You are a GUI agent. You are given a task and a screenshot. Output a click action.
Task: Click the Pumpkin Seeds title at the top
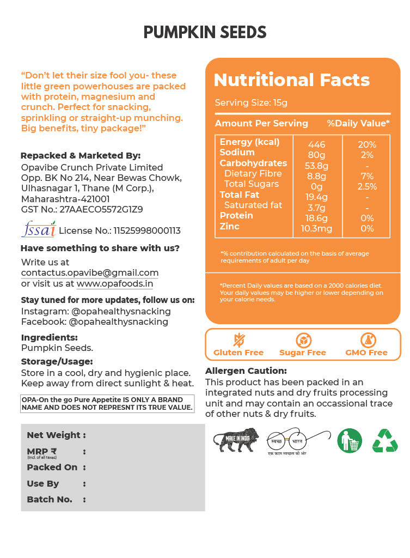pyautogui.click(x=205, y=33)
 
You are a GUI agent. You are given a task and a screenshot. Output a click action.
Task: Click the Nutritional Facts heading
pyautogui.click(x=291, y=80)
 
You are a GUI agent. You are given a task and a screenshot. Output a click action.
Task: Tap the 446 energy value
pyautogui.click(x=316, y=144)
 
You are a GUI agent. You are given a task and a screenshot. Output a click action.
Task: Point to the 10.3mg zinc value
pyautogui.click(x=316, y=228)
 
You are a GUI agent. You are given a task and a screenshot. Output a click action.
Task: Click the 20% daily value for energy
pyautogui.click(x=366, y=144)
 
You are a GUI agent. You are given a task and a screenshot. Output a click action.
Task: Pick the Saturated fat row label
pyautogui.click(x=253, y=205)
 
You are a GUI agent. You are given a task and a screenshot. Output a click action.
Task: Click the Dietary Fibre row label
pyautogui.click(x=253, y=174)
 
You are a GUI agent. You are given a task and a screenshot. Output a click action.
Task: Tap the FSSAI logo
pyautogui.click(x=38, y=229)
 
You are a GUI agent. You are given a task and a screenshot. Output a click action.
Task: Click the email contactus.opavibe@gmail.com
pyautogui.click(x=90, y=272)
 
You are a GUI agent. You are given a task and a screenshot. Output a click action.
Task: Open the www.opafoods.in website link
pyautogui.click(x=115, y=283)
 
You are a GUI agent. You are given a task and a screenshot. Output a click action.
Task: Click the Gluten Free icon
pyautogui.click(x=238, y=340)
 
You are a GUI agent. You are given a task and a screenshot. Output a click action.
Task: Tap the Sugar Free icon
pyautogui.click(x=303, y=340)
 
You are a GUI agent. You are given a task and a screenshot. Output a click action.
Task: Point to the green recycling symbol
pyautogui.click(x=385, y=440)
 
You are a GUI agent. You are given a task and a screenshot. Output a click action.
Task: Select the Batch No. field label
pyautogui.click(x=50, y=499)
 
